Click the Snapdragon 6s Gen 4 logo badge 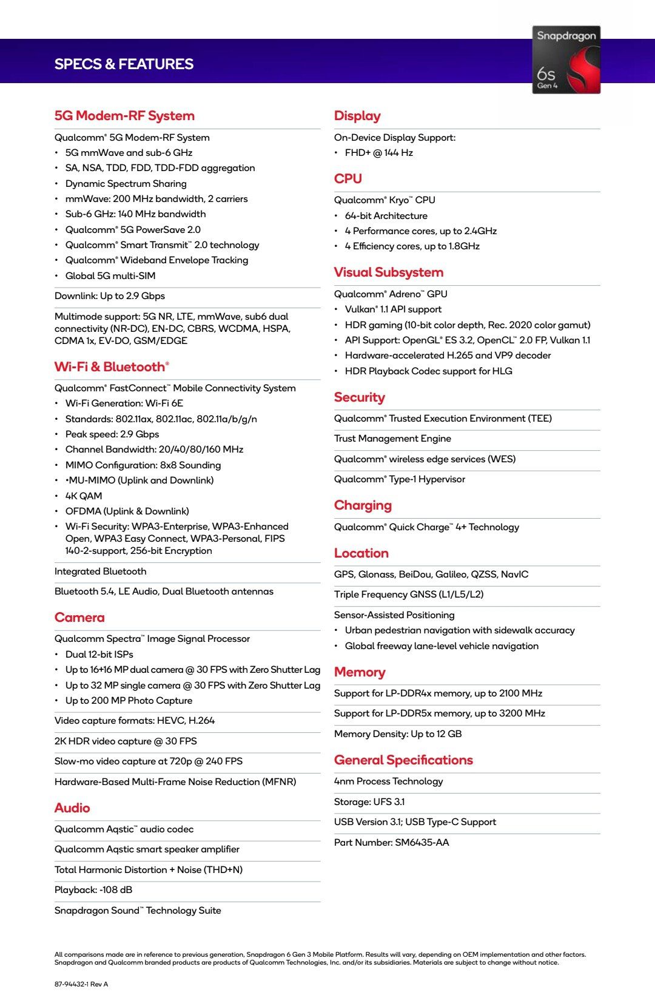tap(566, 59)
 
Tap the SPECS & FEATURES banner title tap(124, 64)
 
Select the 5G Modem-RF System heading tap(124, 116)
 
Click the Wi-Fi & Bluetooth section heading tap(112, 367)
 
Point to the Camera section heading tap(79, 618)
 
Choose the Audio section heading tap(72, 808)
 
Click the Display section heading tap(357, 116)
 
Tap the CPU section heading tap(348, 179)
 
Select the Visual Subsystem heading tap(389, 272)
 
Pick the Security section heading tap(360, 397)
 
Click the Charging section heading tap(363, 505)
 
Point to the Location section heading tap(361, 553)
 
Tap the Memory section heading tap(360, 672)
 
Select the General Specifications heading tap(403, 760)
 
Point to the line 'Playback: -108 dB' tap(93, 890)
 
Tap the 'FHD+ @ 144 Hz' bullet tap(379, 153)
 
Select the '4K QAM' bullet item tap(84, 496)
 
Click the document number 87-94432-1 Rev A tap(81, 984)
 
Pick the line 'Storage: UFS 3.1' tap(369, 802)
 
